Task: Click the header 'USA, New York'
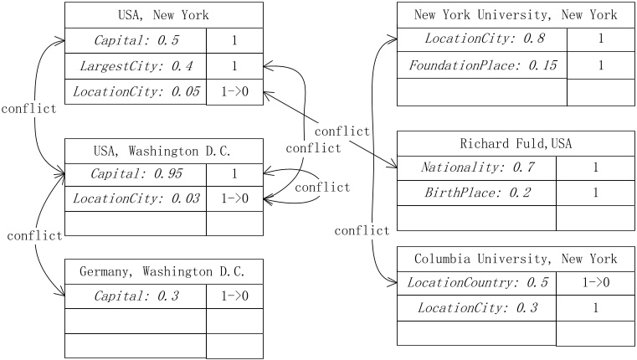tap(163, 15)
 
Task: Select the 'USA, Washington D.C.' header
tap(163, 152)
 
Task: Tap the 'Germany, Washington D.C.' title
tap(163, 272)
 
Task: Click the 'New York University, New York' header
tap(516, 15)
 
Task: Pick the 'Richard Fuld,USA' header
tap(516, 143)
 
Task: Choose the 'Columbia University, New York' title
tap(516, 259)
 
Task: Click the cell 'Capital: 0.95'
tap(136, 175)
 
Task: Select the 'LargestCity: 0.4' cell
tap(136, 65)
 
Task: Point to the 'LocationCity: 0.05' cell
tap(136, 91)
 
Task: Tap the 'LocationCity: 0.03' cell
tap(136, 199)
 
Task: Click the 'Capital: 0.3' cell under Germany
tap(136, 296)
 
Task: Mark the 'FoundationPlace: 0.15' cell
tap(481, 65)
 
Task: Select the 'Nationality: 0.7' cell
tap(476, 167)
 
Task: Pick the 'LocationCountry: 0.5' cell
tap(476, 283)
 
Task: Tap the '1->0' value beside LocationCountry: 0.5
tap(595, 283)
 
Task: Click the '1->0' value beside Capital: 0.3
tap(234, 296)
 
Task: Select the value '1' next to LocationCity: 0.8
tap(600, 39)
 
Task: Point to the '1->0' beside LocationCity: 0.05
tap(234, 91)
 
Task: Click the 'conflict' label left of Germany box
tap(34, 236)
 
